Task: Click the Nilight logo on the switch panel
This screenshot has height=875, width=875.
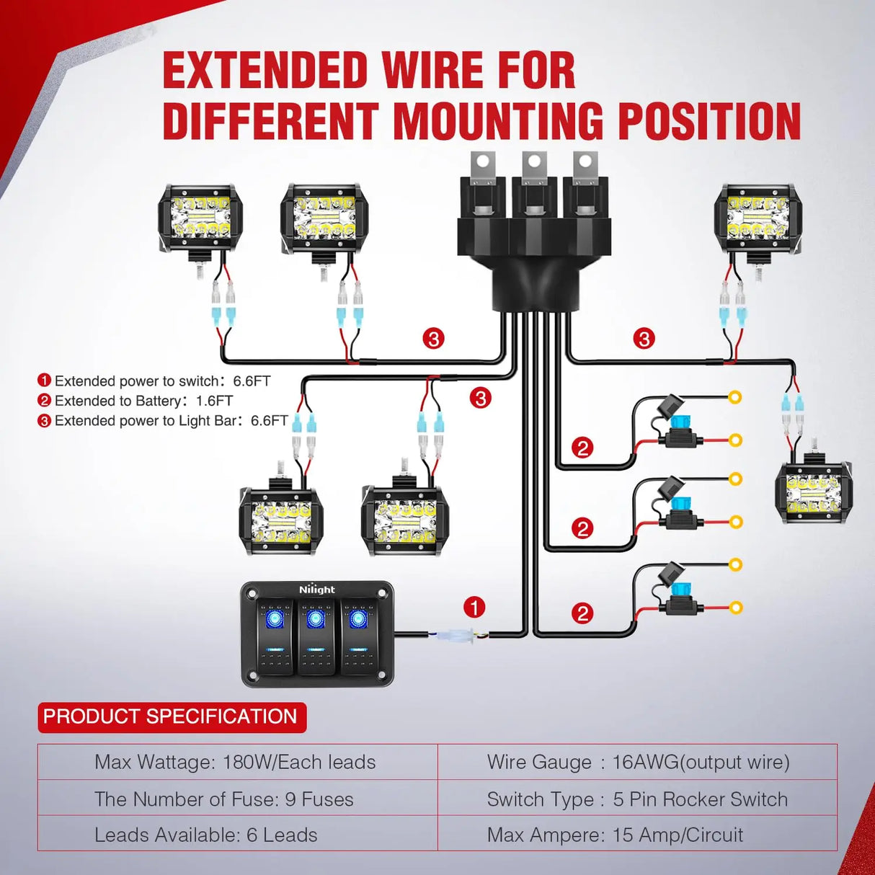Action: (x=317, y=590)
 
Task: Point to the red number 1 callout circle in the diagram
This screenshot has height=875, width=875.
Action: (x=474, y=608)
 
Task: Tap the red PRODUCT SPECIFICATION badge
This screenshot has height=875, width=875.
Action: (x=172, y=717)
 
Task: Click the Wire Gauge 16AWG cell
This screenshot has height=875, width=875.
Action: (x=638, y=762)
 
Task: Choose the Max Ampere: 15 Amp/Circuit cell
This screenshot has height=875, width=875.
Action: (x=615, y=835)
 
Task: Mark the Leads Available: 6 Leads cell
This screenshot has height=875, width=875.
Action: (x=207, y=835)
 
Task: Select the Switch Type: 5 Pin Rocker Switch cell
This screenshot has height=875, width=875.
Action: (x=637, y=799)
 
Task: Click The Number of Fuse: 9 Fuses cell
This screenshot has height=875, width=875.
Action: (x=225, y=799)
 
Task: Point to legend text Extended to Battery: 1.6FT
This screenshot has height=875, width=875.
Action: (x=143, y=401)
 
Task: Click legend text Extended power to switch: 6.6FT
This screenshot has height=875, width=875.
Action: (x=162, y=381)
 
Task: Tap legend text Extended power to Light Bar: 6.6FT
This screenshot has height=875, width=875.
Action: (x=171, y=421)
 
